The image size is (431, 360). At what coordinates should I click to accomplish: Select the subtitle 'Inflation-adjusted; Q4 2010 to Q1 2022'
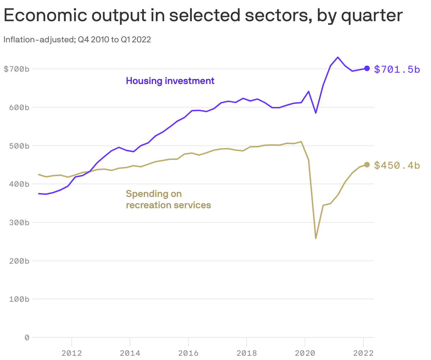(x=77, y=40)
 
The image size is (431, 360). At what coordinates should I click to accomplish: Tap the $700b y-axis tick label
(x=16, y=69)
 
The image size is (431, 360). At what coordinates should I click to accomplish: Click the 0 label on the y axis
(x=26, y=338)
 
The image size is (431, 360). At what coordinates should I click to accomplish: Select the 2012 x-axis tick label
(x=72, y=353)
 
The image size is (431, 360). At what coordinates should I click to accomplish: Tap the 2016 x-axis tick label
(x=188, y=353)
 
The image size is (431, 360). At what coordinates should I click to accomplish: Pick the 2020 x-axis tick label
(x=305, y=353)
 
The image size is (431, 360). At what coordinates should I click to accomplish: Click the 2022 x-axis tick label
(x=363, y=353)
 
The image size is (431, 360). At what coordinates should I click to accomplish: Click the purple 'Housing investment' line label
(x=170, y=81)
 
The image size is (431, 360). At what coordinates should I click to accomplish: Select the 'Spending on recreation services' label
(x=168, y=199)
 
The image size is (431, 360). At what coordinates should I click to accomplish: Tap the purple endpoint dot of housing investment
(x=367, y=68)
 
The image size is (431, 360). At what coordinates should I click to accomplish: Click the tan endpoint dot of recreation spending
(x=367, y=165)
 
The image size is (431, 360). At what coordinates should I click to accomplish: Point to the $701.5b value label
(x=397, y=69)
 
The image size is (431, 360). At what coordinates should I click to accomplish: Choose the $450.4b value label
(x=397, y=165)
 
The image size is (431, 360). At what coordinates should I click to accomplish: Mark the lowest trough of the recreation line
(x=315, y=238)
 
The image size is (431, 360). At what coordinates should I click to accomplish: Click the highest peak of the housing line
(x=338, y=57)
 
